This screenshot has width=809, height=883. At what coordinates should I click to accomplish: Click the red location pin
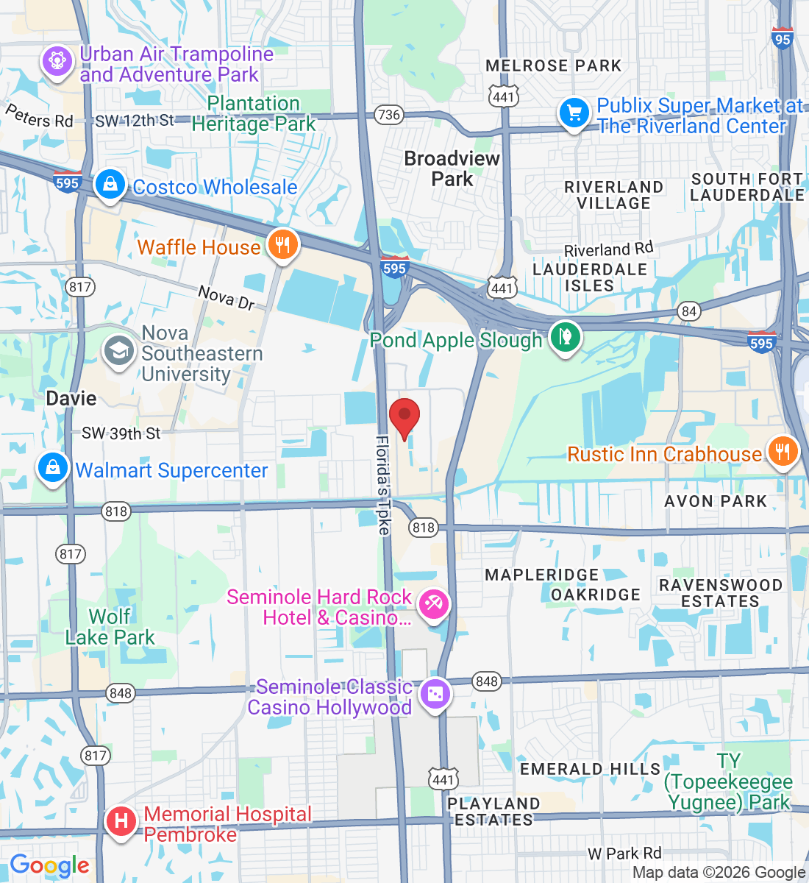click(x=404, y=417)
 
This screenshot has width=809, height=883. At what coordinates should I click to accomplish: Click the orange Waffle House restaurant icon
click(x=282, y=244)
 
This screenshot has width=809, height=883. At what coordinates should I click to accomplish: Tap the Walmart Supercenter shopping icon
click(x=53, y=468)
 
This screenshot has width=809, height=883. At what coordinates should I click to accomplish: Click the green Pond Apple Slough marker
click(x=565, y=338)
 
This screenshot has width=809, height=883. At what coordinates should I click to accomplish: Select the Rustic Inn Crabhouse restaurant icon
click(x=783, y=452)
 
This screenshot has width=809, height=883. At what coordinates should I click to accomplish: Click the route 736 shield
click(x=388, y=114)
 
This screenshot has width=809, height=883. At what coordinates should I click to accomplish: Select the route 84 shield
click(x=688, y=311)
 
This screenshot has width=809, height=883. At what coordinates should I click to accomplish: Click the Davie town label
click(x=71, y=398)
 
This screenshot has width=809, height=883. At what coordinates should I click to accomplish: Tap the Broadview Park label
click(x=452, y=169)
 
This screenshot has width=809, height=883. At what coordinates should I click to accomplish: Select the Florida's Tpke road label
click(x=383, y=484)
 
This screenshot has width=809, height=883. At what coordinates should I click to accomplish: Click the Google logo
click(x=49, y=866)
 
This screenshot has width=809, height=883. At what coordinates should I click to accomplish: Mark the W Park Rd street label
click(x=624, y=854)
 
